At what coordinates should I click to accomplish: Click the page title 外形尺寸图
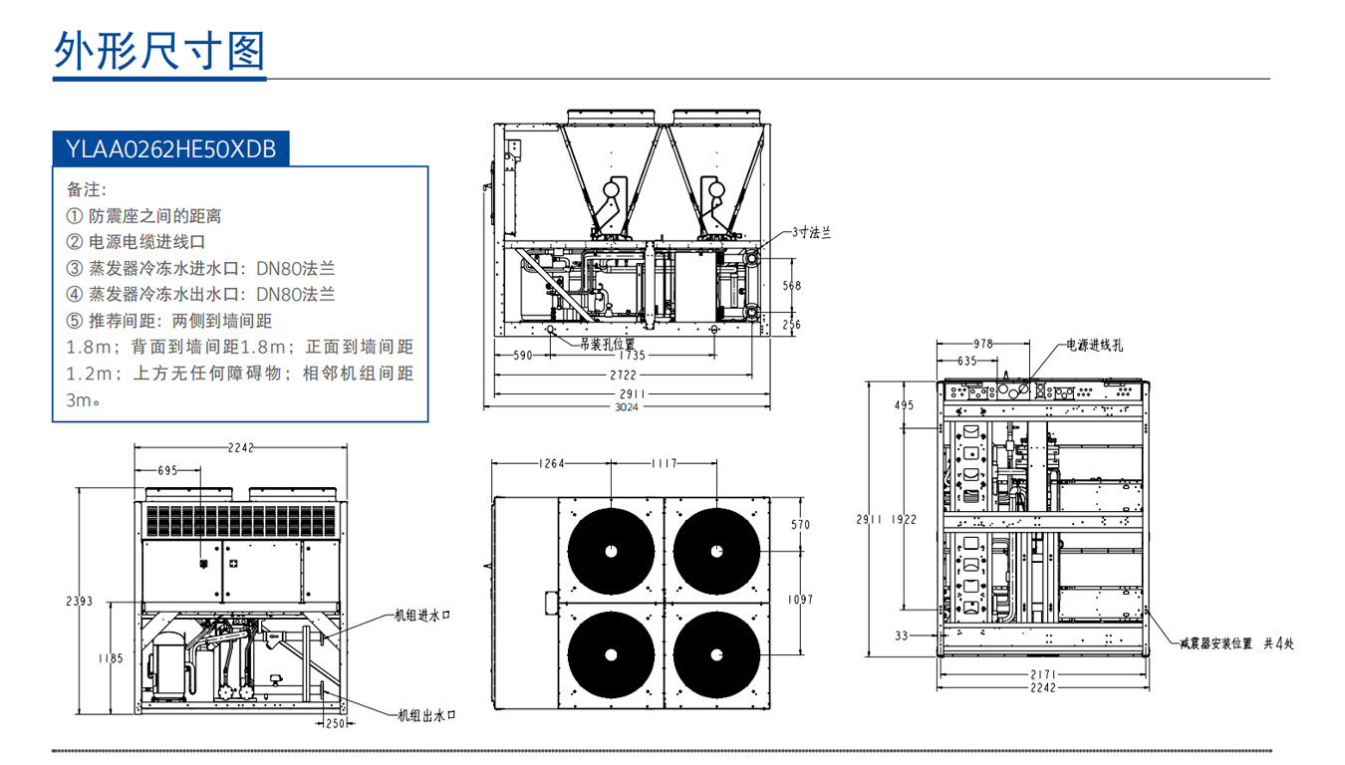(159, 49)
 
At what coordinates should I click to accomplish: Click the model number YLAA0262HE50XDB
(170, 149)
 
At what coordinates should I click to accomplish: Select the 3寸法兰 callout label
(812, 232)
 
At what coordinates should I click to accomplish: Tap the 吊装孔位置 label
(608, 344)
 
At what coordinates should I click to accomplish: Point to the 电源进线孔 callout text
(1095, 345)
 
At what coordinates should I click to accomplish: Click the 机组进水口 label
(423, 616)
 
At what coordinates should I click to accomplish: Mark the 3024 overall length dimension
(626, 406)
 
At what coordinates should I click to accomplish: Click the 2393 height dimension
(80, 601)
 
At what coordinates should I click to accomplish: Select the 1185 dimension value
(111, 657)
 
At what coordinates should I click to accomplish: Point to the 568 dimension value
(791, 286)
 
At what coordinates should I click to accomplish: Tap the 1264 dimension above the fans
(551, 463)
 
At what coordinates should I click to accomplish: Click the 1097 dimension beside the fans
(800, 600)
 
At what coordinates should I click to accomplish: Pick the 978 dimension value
(983, 344)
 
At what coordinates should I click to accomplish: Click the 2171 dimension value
(1042, 674)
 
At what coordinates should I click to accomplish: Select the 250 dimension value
(335, 723)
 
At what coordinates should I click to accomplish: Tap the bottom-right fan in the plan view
(717, 654)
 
